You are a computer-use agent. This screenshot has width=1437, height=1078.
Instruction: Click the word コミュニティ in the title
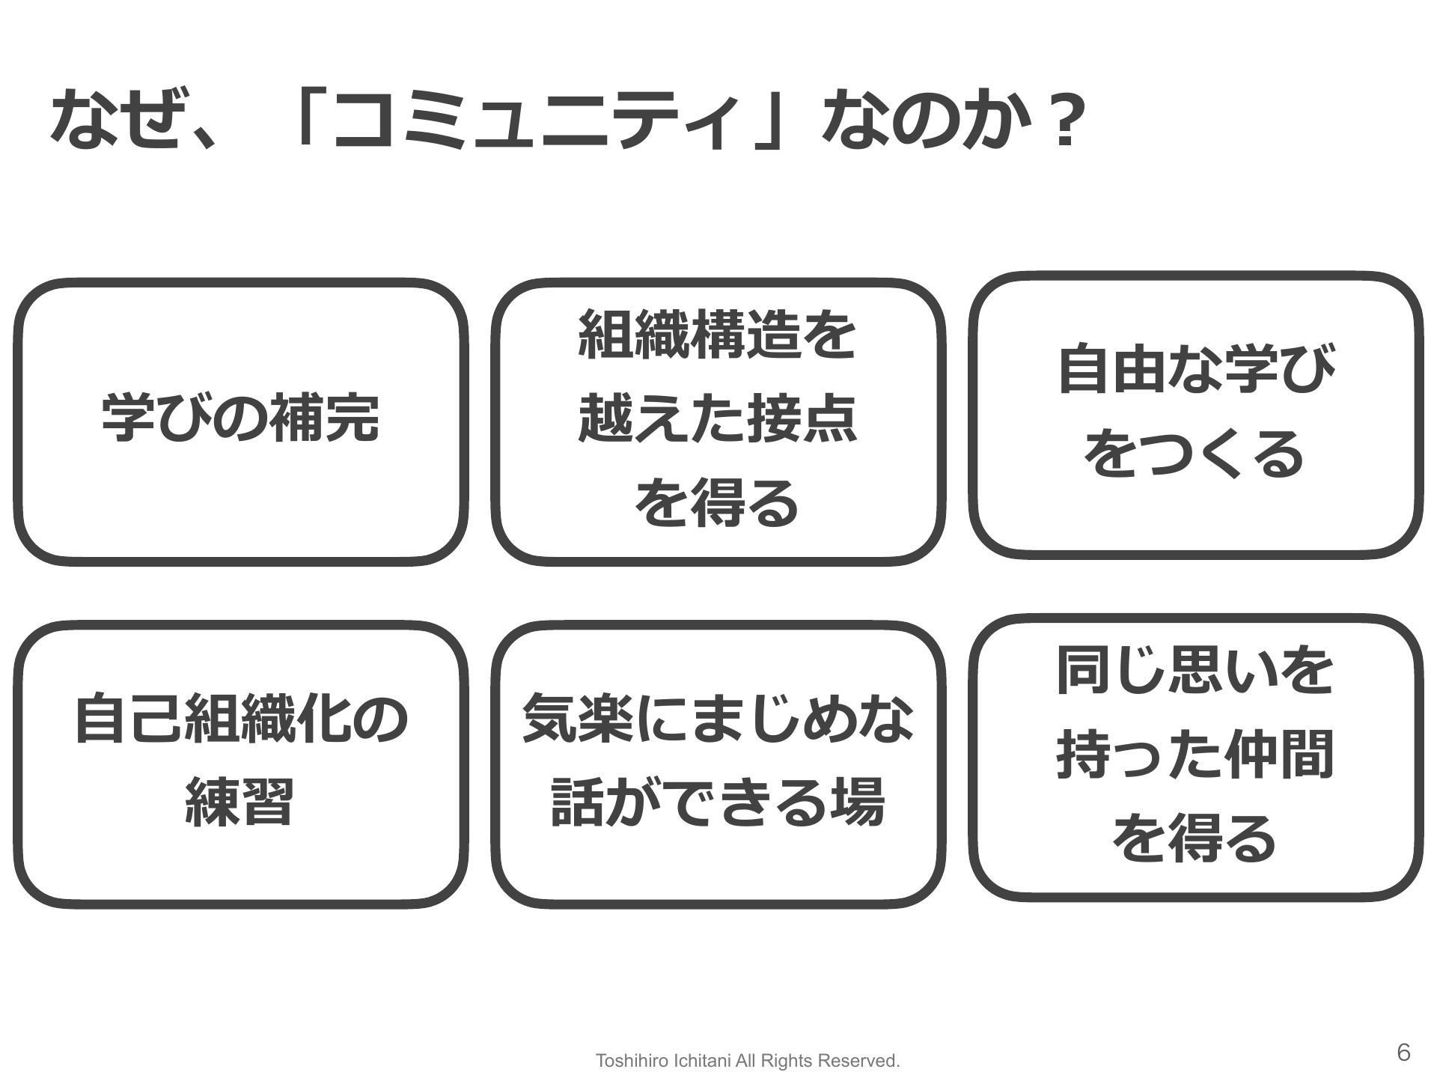coord(531,120)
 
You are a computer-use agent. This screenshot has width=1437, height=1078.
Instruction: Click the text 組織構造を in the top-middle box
coord(717,336)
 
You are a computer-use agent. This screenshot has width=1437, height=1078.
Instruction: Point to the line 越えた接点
coord(717,420)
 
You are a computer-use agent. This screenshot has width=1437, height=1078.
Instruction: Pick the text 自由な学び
coord(1196,369)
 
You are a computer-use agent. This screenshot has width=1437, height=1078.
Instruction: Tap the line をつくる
coord(1196,454)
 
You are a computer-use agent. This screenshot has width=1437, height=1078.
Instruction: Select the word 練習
coord(239,802)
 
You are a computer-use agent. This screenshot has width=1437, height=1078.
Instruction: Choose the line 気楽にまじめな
coord(717,719)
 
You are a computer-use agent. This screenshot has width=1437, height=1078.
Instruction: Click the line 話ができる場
coord(717,802)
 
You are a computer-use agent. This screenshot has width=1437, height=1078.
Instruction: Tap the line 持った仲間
coord(1196,755)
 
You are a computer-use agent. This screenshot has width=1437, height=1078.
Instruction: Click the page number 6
coord(1403,1053)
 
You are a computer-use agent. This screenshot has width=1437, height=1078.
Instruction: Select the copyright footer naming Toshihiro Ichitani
coord(748,1060)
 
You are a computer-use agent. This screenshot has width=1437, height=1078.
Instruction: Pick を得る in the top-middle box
coord(717,504)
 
